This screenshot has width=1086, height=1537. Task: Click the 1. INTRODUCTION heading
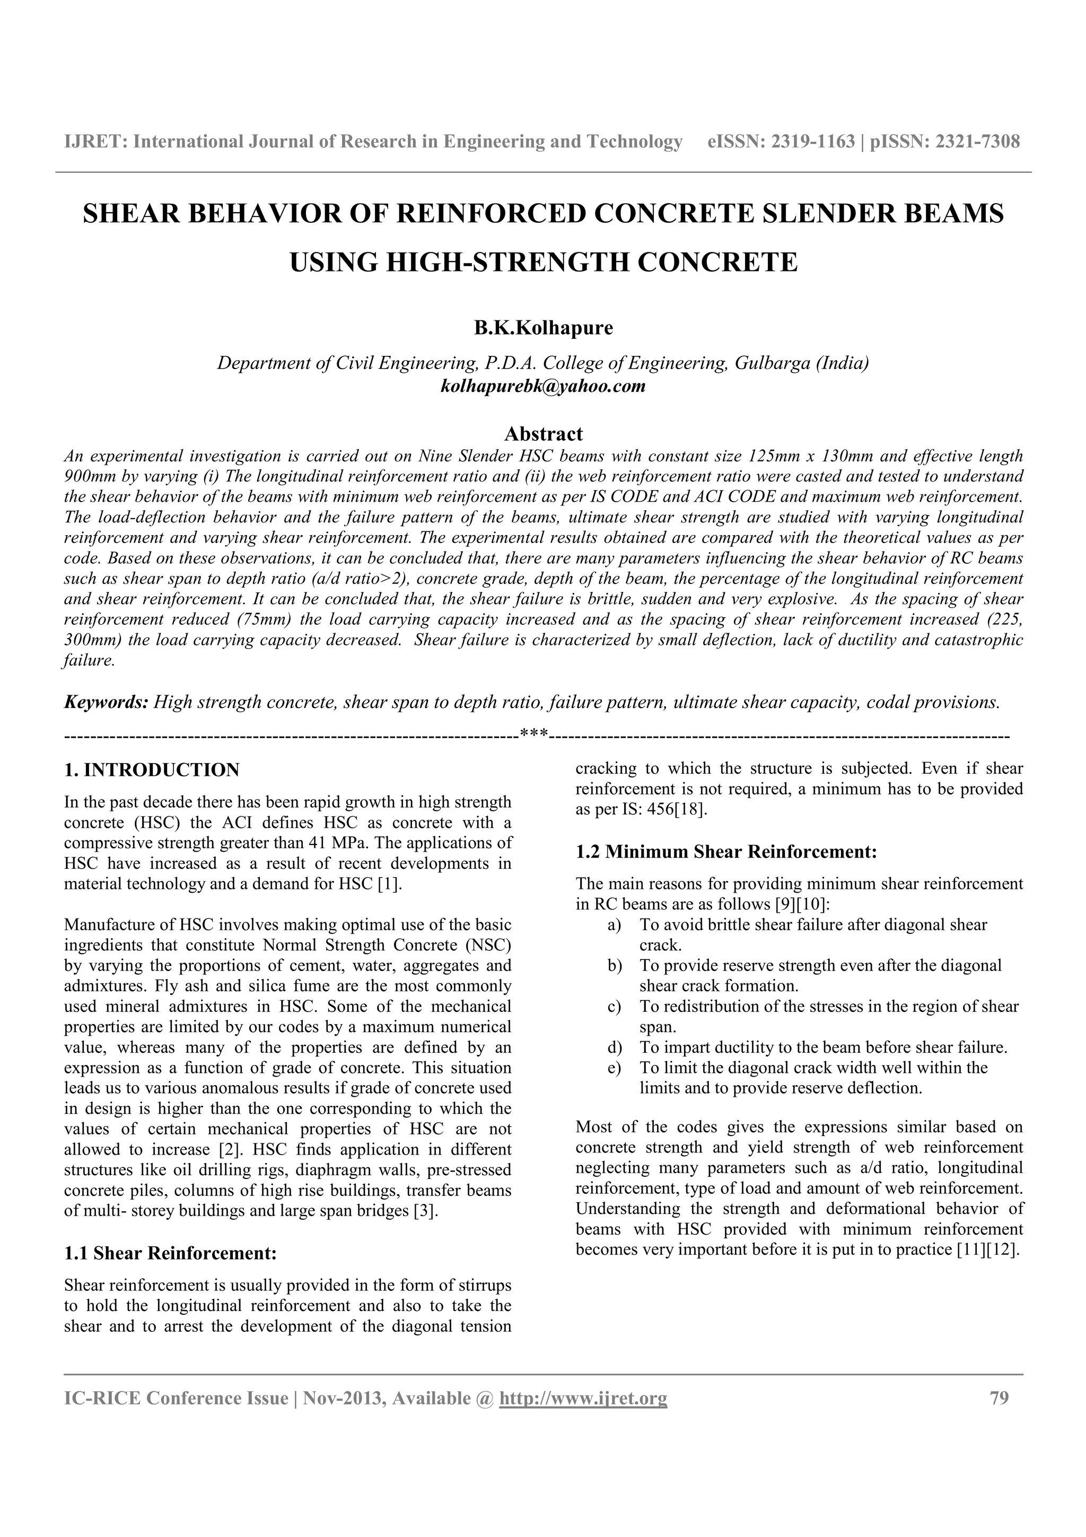[x=151, y=770]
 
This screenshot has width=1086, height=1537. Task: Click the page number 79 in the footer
[x=999, y=1399]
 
